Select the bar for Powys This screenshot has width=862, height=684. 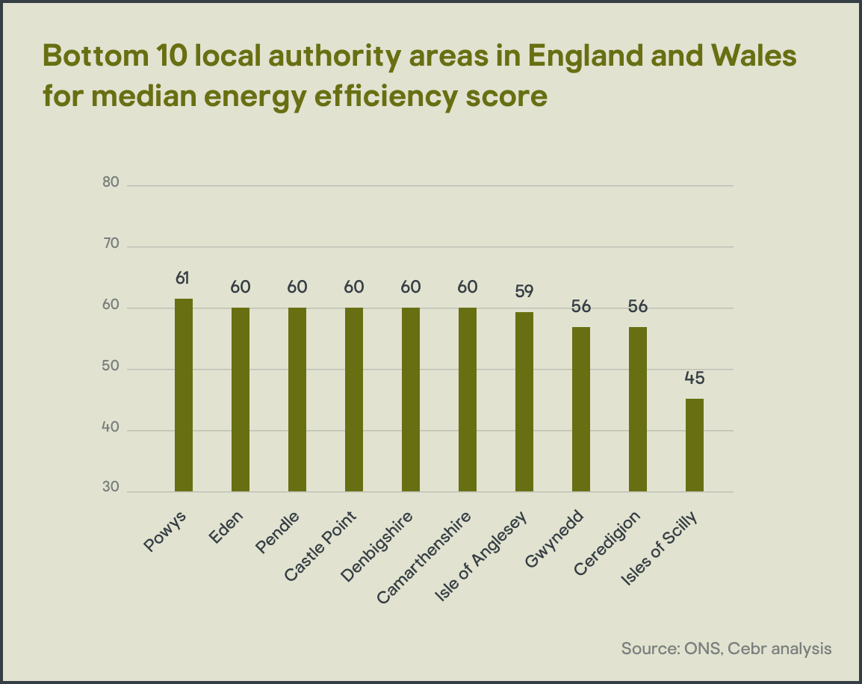(x=184, y=395)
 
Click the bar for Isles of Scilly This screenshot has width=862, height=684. (x=695, y=445)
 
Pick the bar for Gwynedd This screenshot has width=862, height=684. (x=581, y=409)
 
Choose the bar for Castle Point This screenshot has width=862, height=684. (x=354, y=399)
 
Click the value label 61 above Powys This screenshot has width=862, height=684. (x=183, y=279)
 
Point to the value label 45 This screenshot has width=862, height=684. (x=695, y=378)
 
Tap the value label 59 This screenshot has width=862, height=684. (x=524, y=291)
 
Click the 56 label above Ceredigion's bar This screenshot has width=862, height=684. (x=638, y=307)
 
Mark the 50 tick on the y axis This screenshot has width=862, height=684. (x=111, y=368)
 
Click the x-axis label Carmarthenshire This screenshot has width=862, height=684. (x=426, y=557)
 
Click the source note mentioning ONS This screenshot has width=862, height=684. (x=726, y=647)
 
